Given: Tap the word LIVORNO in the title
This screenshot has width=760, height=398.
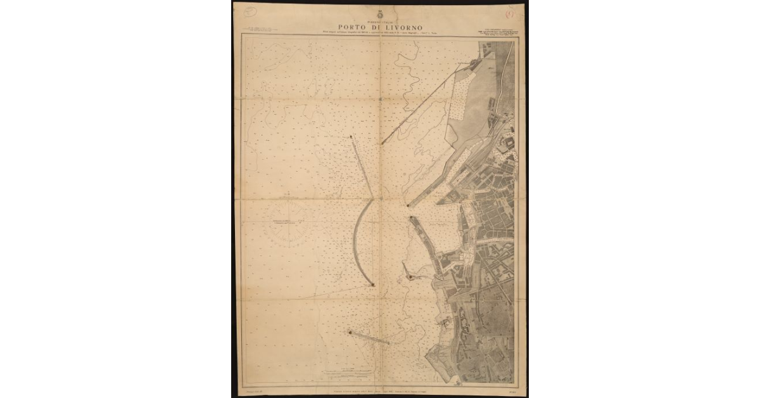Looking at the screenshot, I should click(x=399, y=26).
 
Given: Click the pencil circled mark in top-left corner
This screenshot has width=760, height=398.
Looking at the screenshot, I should click(x=251, y=10).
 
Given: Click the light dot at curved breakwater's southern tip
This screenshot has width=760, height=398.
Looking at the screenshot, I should click(x=373, y=285).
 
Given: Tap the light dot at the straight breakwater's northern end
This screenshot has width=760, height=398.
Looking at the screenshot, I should click(x=351, y=136).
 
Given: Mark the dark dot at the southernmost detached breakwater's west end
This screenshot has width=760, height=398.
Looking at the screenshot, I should click(x=349, y=331).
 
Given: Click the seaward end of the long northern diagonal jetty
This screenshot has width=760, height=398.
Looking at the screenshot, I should click(x=382, y=143).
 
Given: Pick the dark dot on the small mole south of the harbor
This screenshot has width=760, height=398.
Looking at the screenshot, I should click(x=410, y=277).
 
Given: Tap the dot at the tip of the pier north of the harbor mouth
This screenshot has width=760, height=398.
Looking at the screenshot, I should click(x=408, y=205).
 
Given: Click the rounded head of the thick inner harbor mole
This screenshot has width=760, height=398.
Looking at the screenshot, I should click(x=412, y=219).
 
